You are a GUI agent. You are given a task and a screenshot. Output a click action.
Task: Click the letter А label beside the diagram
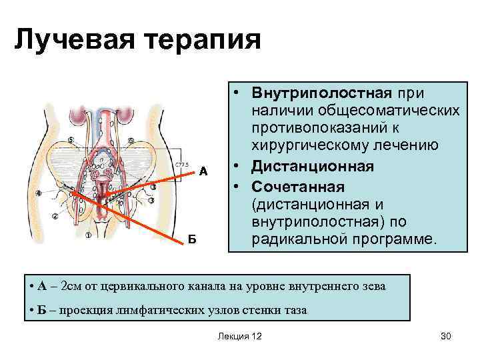click(204, 171)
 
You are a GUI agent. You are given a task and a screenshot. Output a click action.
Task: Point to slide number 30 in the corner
click(446, 337)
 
